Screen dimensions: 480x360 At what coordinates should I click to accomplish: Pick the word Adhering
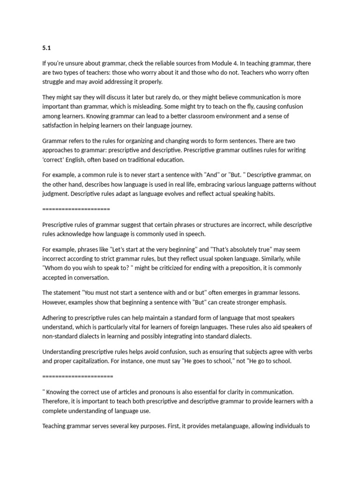56,317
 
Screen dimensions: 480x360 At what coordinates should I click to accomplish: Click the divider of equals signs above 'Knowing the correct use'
78,376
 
